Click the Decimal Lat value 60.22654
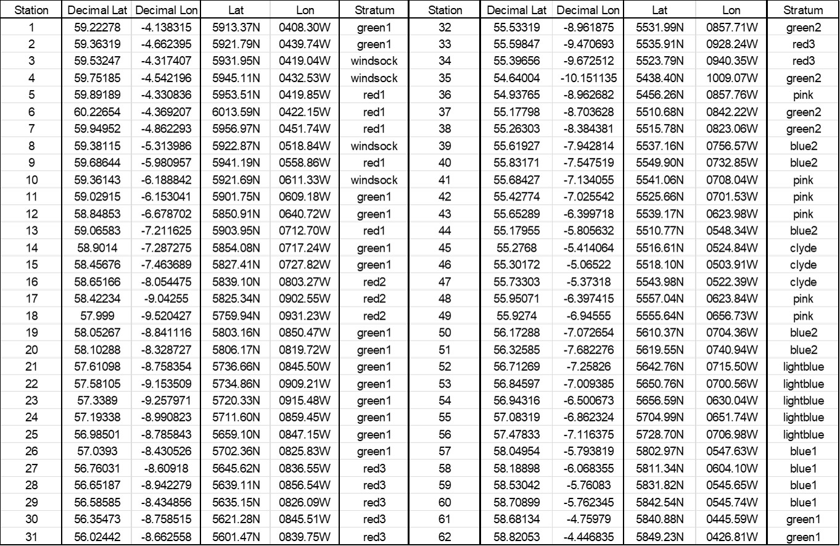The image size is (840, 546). tap(96, 112)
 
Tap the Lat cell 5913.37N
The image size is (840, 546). tap(236, 27)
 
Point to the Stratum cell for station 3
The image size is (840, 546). tap(374, 61)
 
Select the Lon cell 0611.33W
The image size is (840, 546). tap(305, 180)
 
